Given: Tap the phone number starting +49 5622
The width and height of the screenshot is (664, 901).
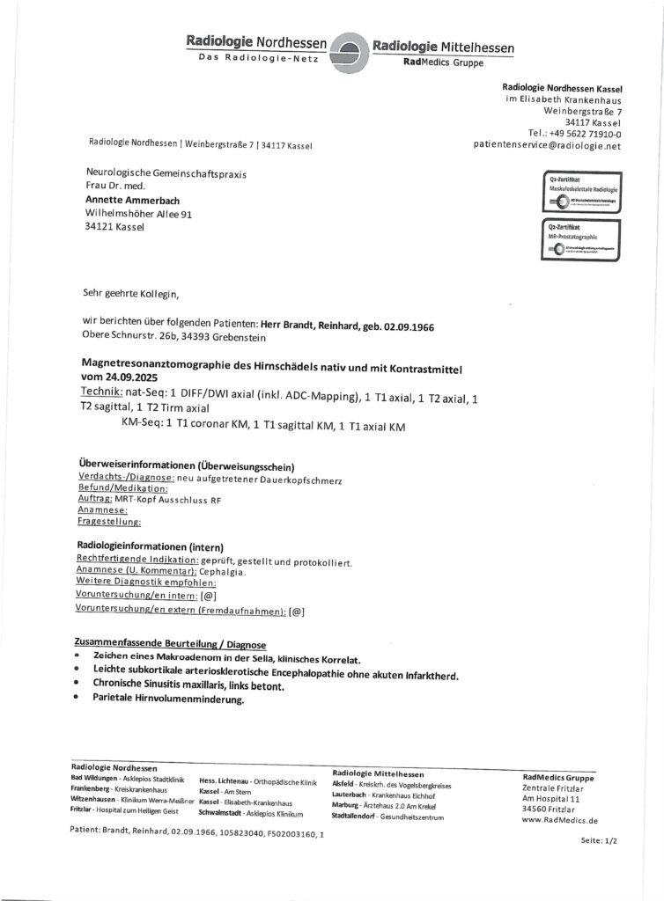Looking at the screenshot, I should coord(575,135).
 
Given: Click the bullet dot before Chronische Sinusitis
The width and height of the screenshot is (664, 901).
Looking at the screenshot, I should coord(77,686).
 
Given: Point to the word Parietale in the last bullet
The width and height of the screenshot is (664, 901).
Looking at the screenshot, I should coord(122,700).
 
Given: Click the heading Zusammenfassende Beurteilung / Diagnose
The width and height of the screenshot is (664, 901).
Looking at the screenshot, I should coord(171,645).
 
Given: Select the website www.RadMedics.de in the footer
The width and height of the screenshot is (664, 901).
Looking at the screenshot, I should coord(559,819).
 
